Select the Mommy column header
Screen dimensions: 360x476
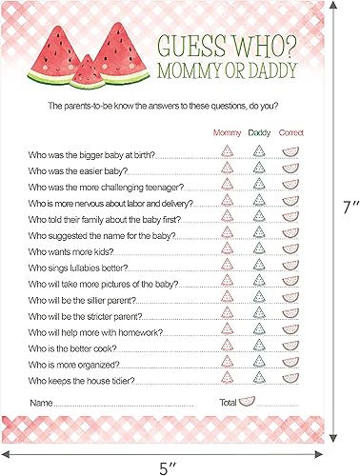point(227,132)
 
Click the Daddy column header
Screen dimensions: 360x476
point(259,132)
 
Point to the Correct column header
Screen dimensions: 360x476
point(290,132)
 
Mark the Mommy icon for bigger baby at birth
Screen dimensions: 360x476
point(227,151)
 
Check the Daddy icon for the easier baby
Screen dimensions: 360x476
point(259,169)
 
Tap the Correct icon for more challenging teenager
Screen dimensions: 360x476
point(290,186)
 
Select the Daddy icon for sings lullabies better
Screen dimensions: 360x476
point(259,269)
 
